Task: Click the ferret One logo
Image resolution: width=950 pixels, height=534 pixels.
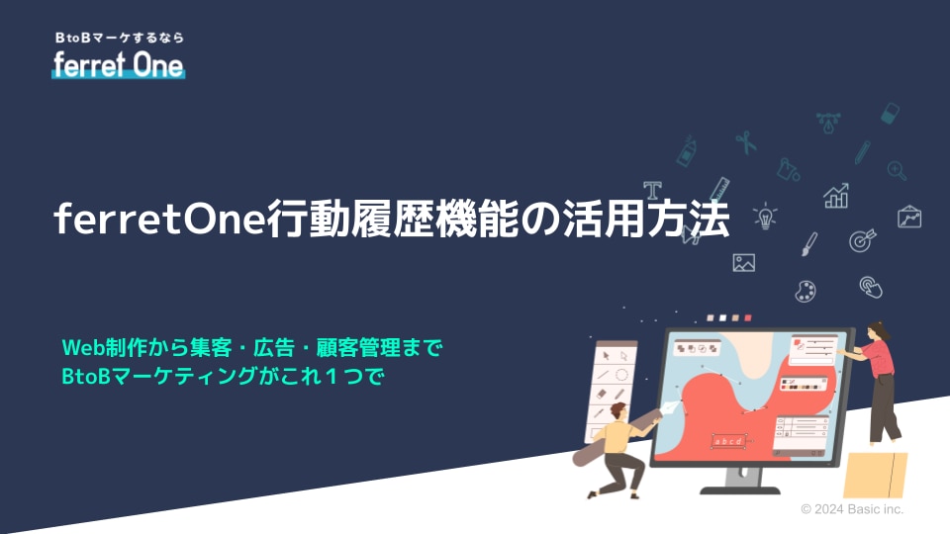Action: point(118,65)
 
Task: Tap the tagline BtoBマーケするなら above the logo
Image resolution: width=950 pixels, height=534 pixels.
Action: point(120,38)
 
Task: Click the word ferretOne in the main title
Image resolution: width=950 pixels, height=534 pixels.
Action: point(160,219)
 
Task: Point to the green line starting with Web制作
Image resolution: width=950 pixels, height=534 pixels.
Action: point(252,347)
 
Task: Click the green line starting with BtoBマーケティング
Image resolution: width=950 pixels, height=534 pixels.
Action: point(223,376)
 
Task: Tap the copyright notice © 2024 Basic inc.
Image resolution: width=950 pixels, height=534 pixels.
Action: point(852,509)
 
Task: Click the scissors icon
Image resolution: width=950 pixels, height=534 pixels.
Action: point(746,142)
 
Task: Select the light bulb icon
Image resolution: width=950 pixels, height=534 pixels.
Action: point(765,217)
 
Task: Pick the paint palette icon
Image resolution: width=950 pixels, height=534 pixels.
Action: point(806,291)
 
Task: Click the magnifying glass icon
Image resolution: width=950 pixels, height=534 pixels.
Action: point(897,171)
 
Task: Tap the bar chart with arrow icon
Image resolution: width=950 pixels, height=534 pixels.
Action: point(836,196)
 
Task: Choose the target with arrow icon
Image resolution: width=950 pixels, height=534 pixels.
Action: point(862,239)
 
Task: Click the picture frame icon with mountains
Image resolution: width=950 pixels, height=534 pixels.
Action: point(743,262)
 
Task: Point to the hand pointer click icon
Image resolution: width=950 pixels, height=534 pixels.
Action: point(871,287)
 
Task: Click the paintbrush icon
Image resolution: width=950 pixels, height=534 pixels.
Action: point(809,244)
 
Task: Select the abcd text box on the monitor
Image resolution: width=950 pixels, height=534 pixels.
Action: point(728,441)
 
